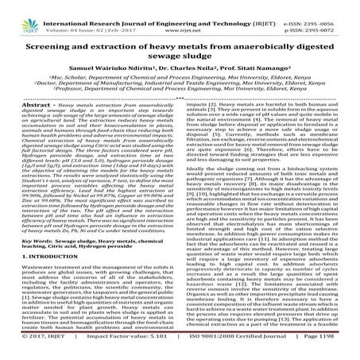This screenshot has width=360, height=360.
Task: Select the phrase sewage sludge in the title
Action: point(180,54)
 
